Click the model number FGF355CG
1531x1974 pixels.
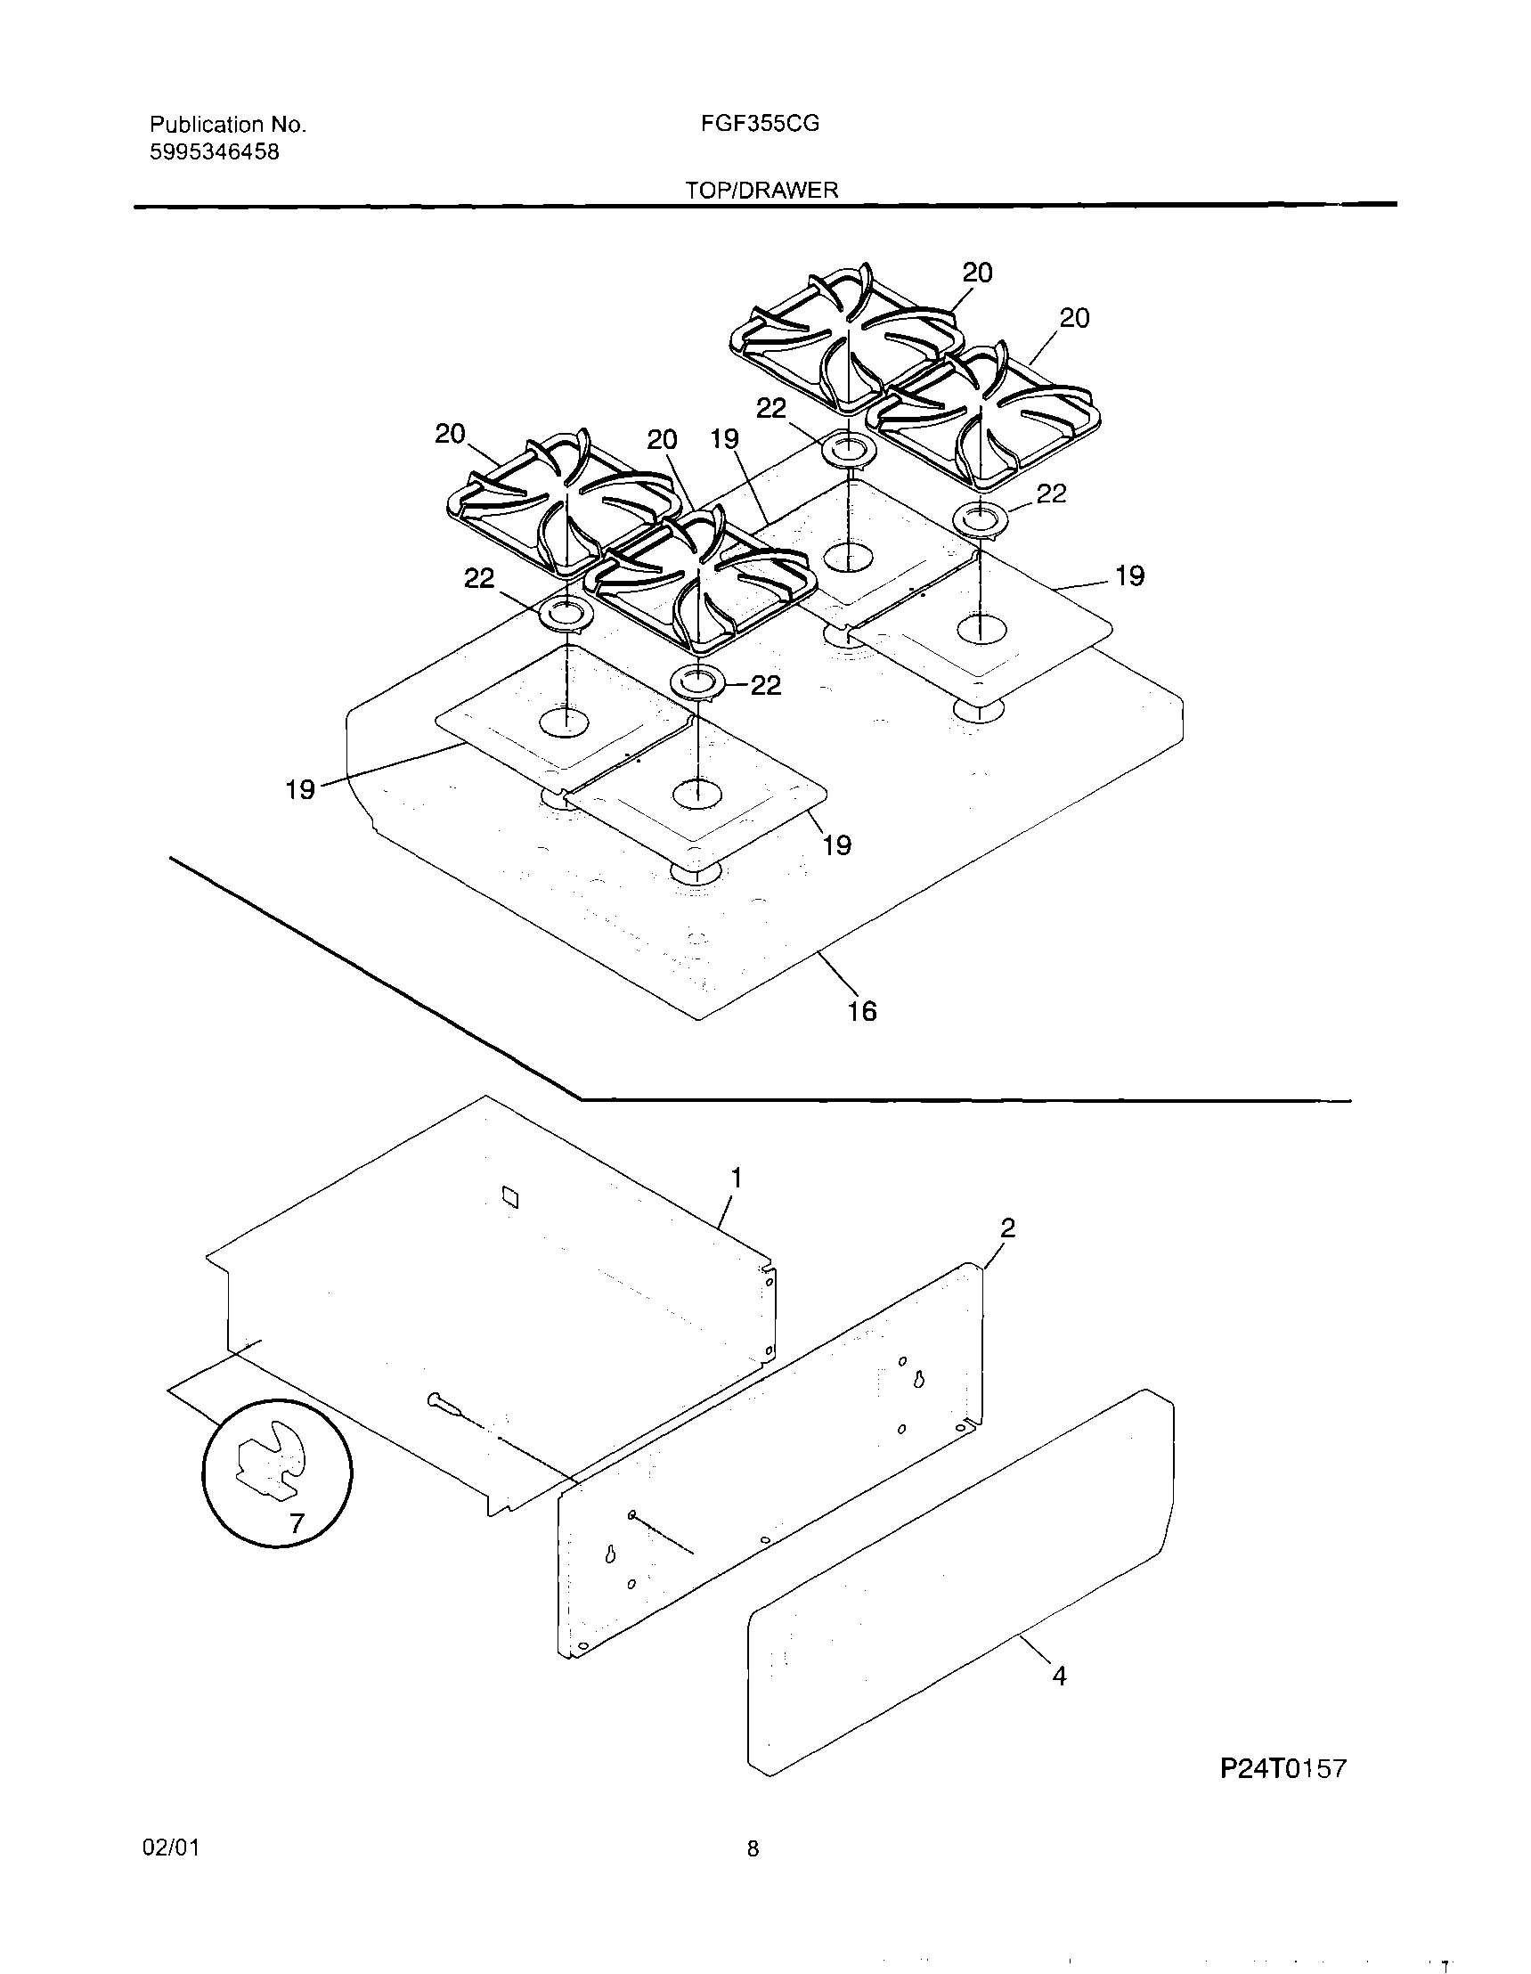[x=759, y=124]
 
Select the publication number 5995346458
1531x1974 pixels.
[x=214, y=151]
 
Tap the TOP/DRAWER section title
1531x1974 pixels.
[x=761, y=191]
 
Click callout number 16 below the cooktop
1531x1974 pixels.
[x=862, y=1010]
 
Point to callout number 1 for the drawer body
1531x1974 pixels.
[x=737, y=1178]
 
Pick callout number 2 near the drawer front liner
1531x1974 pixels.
[x=1007, y=1228]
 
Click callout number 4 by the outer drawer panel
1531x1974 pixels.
[x=1059, y=1676]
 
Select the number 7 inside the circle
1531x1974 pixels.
[x=297, y=1524]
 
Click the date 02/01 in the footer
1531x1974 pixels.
[x=171, y=1848]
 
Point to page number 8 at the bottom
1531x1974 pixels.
[x=753, y=1849]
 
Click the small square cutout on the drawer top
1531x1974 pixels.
[x=510, y=1196]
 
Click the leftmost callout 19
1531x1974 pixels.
[x=300, y=789]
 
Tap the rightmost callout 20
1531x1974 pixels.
[x=1074, y=318]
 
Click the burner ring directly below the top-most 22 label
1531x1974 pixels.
[x=848, y=448]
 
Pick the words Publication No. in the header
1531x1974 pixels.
[x=228, y=125]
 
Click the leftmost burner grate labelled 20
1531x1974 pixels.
[x=560, y=502]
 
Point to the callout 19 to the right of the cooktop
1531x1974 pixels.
[x=1129, y=575]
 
